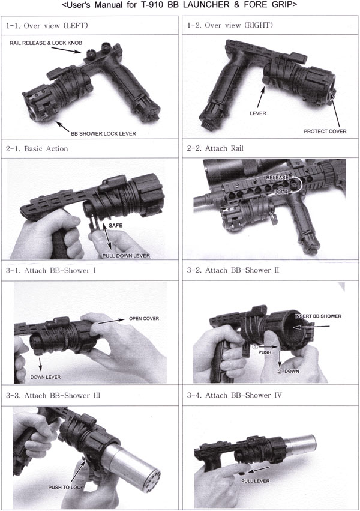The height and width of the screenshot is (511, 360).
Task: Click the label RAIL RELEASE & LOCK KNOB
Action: click(x=46, y=43)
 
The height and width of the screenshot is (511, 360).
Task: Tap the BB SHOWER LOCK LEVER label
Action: click(x=104, y=134)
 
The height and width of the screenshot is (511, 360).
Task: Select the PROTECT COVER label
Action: click(x=325, y=132)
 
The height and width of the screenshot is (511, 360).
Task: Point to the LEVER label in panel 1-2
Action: click(x=258, y=113)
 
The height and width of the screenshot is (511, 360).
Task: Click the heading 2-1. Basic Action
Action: click(x=37, y=148)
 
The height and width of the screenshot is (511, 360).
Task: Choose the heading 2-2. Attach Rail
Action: click(x=215, y=148)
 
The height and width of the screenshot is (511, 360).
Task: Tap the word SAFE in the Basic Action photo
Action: click(x=116, y=225)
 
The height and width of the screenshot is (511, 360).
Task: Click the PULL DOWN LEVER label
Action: click(x=126, y=256)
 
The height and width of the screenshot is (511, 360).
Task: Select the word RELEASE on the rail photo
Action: click(x=277, y=178)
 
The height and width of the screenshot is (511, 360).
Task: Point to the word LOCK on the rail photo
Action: click(x=281, y=192)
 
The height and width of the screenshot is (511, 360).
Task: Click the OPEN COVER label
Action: click(x=144, y=318)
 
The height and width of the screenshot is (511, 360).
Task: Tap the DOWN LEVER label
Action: click(x=46, y=377)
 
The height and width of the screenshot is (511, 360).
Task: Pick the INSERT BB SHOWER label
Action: click(x=318, y=316)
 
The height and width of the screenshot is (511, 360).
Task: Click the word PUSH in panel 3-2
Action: click(x=265, y=352)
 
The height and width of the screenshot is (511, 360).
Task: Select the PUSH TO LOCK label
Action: click(x=66, y=487)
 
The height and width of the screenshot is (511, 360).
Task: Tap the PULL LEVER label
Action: click(x=256, y=481)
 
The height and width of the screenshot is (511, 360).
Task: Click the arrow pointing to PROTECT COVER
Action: click(x=335, y=109)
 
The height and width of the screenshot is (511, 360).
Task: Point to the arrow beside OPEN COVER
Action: click(x=112, y=321)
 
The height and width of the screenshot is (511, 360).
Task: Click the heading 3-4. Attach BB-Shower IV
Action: click(x=235, y=395)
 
